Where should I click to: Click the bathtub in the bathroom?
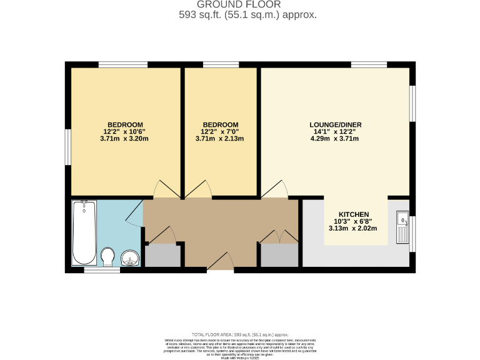(x=84, y=232)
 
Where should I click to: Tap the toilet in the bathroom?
(x=107, y=256)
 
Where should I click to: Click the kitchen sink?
(x=402, y=227)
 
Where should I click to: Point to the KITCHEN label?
(x=353, y=214)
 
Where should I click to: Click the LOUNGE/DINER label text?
(x=335, y=124)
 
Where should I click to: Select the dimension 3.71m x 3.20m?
(x=124, y=139)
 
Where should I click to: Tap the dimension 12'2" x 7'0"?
(x=219, y=131)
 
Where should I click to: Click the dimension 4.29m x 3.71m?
(x=335, y=139)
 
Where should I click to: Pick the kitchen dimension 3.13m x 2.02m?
(x=353, y=228)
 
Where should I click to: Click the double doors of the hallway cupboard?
(x=279, y=237)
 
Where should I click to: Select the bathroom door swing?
(x=134, y=216)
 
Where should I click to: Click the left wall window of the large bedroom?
(x=68, y=147)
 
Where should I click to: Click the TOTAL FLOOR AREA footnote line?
(x=239, y=335)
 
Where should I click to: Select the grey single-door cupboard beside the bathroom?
(x=162, y=256)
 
